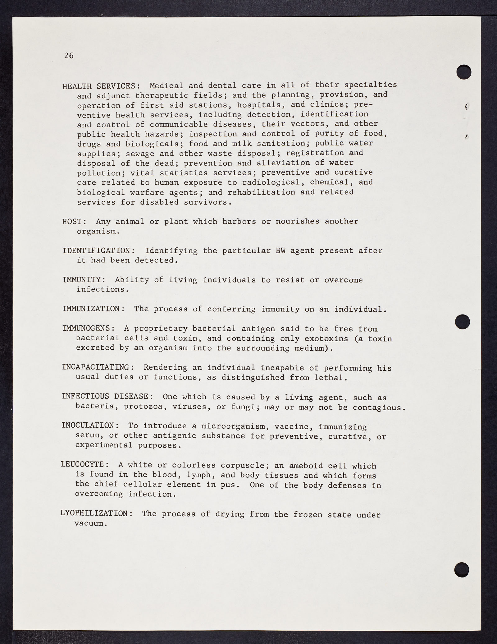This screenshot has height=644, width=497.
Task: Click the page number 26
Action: pos(69,56)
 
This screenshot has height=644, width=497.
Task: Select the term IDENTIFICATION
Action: pos(96,251)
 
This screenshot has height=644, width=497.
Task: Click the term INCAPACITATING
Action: pos(97,367)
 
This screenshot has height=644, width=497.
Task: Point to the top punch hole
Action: pos(464,72)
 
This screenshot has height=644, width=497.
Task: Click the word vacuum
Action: pos(89,523)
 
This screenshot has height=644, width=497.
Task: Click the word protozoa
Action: pos(138,407)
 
